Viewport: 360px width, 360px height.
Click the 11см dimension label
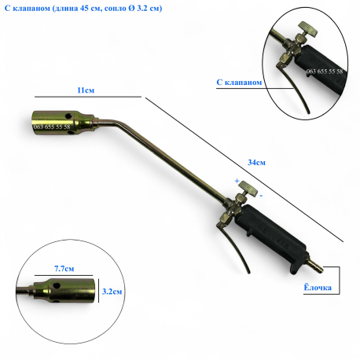pos(86,90)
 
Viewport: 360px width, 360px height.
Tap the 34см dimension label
pos(256,163)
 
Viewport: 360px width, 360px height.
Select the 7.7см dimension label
pos(64,269)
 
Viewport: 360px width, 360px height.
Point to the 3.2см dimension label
pos(112,292)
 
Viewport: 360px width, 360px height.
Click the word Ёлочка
pos(318,288)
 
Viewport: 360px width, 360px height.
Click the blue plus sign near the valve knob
pos(237,181)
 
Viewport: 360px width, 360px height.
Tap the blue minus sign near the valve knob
pos(261,196)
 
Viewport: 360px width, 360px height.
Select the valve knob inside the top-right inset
pos(309,29)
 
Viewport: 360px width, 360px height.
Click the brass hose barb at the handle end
pos(316,266)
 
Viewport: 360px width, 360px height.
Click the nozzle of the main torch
pos(63,123)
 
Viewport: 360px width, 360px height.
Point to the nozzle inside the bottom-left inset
pos(64,291)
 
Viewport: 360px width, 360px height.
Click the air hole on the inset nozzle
pos(57,285)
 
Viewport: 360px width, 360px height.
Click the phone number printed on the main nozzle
pos(52,127)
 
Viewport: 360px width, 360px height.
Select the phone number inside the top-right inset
pos(325,72)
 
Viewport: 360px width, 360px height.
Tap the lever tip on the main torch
pos(249,273)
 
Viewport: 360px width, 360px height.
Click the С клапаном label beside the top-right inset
pos(239,83)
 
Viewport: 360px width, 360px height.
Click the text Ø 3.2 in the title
pos(138,8)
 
